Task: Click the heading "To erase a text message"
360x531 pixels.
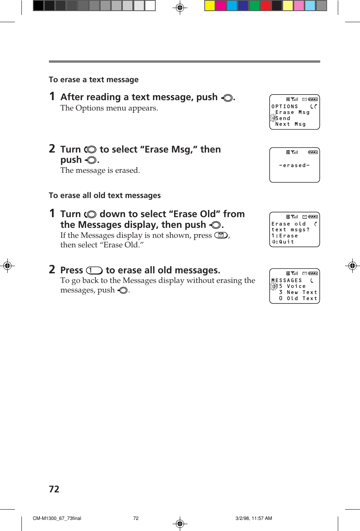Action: pyautogui.click(x=94, y=80)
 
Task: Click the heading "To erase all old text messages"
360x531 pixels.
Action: pyautogui.click(x=104, y=195)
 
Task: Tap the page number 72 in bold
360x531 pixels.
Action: pyautogui.click(x=54, y=489)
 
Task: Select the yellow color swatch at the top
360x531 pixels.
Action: pyautogui.click(x=210, y=5)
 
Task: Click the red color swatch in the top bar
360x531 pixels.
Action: pyautogui.click(x=266, y=5)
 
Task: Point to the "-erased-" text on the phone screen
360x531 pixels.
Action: pyautogui.click(x=294, y=166)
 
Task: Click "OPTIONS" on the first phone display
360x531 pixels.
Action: pyautogui.click(x=285, y=107)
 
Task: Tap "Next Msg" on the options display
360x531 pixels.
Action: pyautogui.click(x=290, y=124)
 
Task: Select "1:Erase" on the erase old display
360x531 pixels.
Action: pyautogui.click(x=285, y=236)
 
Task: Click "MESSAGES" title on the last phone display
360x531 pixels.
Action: pyautogui.click(x=287, y=281)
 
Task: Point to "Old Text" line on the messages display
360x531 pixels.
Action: pyautogui.click(x=302, y=299)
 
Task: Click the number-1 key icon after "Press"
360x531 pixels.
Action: pyautogui.click(x=94, y=271)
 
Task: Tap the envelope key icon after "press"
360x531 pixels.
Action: pyautogui.click(x=221, y=235)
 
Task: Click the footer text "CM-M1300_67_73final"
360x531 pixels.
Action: pyautogui.click(x=57, y=518)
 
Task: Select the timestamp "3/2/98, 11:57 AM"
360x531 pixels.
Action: pyautogui.click(x=254, y=518)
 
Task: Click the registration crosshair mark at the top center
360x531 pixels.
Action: pyautogui.click(x=180, y=7)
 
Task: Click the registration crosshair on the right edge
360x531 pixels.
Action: pyautogui.click(x=352, y=265)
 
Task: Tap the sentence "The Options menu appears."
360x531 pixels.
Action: pyautogui.click(x=109, y=108)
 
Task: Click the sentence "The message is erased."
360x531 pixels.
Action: pyautogui.click(x=100, y=171)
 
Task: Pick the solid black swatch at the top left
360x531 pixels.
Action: pyautogui.click(x=38, y=5)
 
